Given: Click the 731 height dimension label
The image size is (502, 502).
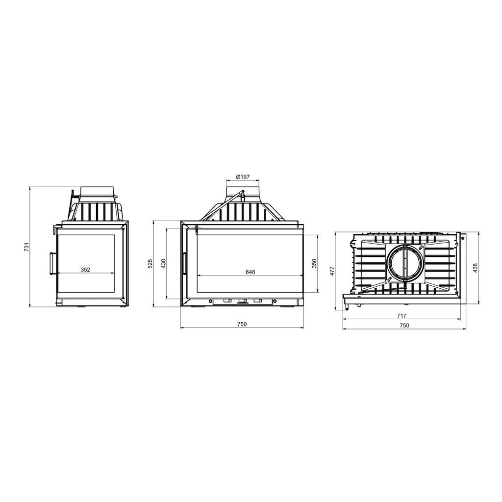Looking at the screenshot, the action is [x=27, y=247].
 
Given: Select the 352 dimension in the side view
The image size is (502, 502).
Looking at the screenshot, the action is [x=85, y=270].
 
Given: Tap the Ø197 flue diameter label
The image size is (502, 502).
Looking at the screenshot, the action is [x=242, y=176].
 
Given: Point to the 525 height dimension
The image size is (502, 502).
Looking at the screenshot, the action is [x=151, y=263].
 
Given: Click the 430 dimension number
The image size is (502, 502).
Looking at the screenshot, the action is [x=164, y=263].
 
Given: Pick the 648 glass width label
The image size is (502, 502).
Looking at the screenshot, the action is [x=251, y=272].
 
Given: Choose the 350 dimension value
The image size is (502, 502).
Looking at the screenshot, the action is [x=314, y=263].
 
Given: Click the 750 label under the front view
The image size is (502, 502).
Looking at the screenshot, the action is [x=242, y=324].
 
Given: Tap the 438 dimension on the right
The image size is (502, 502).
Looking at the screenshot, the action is [x=475, y=268].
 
